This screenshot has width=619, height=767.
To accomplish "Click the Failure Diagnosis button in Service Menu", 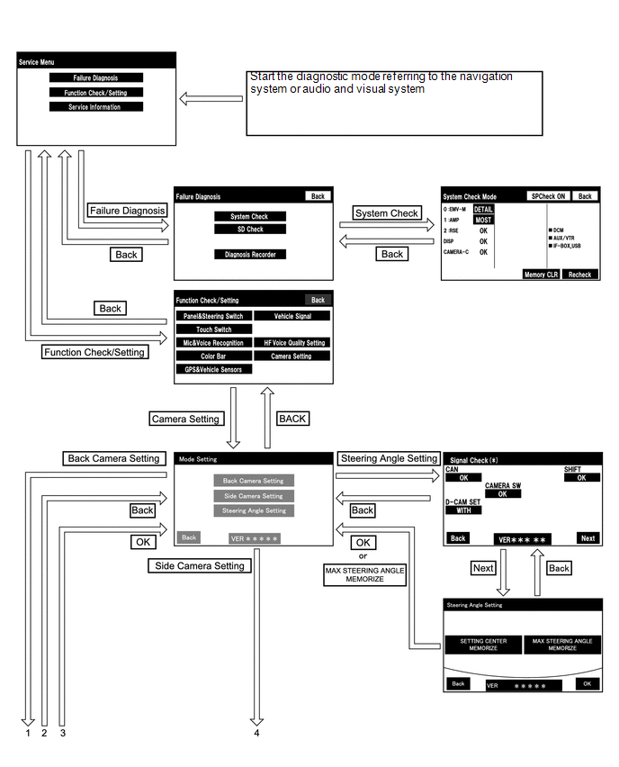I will coord(96,78).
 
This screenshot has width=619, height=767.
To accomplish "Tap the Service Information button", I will coord(96,107).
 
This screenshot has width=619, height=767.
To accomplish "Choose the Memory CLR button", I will coord(541,274).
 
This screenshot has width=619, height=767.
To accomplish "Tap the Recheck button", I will coord(580,274).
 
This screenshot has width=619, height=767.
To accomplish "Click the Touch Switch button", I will coord(214,329).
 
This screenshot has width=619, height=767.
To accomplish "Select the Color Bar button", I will coord(214,356).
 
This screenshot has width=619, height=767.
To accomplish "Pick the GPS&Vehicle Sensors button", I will coord(214,369).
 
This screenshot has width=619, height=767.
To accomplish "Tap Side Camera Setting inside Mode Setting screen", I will coord(253,496).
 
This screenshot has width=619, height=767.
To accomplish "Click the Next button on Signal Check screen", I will coord(588,538).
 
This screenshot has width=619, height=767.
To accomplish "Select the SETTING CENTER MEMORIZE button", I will coord(483,645).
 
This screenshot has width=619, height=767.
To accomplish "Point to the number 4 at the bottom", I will coord(257,733).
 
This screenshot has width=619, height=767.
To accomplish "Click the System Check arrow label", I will coord(386,213).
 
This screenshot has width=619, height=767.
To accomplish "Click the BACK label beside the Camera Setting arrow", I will coord(292,419).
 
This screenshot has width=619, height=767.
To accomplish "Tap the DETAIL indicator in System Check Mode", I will coord(484,209).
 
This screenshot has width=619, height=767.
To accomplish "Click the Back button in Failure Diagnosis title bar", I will coord(317,196).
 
